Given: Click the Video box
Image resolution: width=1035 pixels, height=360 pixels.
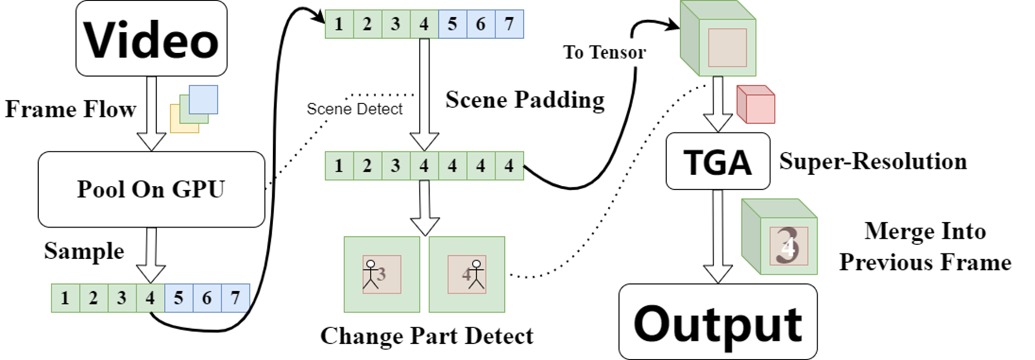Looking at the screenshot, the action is (151, 39).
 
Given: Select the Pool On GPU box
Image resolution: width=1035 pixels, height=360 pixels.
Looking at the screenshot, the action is (151, 189).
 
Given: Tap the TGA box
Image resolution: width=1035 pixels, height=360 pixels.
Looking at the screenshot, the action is (718, 162).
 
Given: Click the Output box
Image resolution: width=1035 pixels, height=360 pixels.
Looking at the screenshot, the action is (718, 322).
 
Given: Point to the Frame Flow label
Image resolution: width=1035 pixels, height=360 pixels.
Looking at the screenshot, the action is (70, 109).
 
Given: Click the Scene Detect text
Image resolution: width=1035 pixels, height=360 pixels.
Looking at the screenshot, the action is (354, 109).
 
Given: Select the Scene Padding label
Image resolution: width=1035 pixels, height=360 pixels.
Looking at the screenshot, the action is (525, 99).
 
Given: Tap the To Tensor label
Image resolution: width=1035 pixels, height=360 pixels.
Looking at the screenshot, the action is (604, 52).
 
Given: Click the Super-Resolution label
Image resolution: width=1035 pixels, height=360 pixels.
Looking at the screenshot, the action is (873, 161).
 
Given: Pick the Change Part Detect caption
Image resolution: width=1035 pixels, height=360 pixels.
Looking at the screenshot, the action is (426, 336).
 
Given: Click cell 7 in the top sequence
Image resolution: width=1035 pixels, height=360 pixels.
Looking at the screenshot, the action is (509, 24).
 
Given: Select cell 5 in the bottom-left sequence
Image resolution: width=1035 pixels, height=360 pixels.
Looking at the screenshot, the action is (179, 298).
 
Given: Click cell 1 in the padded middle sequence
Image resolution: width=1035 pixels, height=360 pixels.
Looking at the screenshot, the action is (339, 166).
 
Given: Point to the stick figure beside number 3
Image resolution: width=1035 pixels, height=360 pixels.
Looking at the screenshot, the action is (371, 275).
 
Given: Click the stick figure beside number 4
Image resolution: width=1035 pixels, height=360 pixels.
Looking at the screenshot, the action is (476, 275).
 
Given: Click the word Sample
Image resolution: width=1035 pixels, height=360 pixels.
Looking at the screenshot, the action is (84, 251).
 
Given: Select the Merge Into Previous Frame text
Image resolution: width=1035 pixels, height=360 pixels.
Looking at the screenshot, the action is (925, 246).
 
